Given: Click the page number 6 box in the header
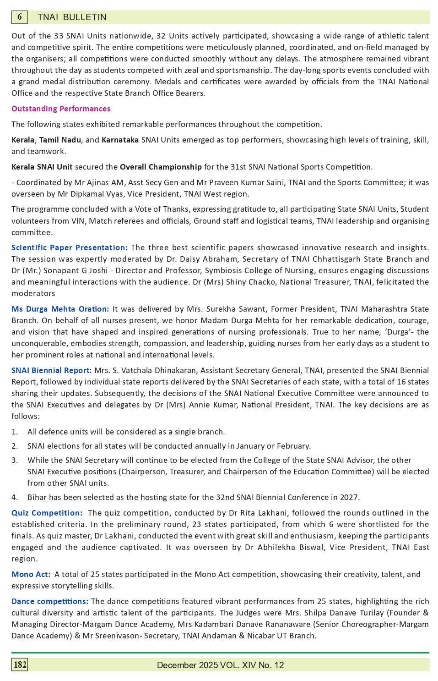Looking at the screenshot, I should [x=19, y=17].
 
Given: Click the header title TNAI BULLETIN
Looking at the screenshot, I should [x=72, y=17].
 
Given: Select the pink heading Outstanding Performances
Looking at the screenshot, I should [x=61, y=109].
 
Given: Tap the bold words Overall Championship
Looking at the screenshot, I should [x=161, y=167].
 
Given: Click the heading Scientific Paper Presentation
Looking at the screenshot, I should [x=70, y=247].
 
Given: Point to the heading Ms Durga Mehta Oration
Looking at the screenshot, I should [x=60, y=309].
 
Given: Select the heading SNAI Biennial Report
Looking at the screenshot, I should [x=51, y=370].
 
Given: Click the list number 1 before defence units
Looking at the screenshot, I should [x=15, y=432].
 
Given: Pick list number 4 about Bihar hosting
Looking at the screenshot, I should [x=15, y=497].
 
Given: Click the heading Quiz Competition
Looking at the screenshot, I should [x=47, y=513].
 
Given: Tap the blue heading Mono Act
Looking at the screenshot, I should [x=31, y=574].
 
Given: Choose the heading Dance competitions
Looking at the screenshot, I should [x=50, y=601].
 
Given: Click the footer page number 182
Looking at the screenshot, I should [x=20, y=665].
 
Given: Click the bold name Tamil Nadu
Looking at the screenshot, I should [x=60, y=140].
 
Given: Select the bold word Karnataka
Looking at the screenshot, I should [x=120, y=140].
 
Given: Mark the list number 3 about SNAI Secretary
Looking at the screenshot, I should [x=15, y=460].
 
